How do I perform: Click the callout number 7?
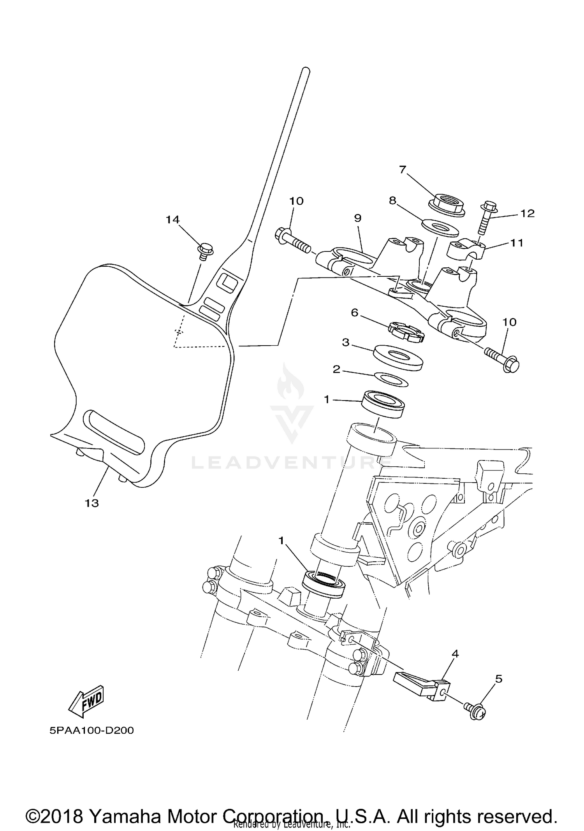[x=403, y=169]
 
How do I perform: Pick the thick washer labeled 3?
[x=398, y=357]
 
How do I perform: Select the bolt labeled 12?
[x=485, y=218]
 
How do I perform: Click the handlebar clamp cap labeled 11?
[x=464, y=249]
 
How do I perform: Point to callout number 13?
[x=92, y=503]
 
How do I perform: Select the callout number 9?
[x=358, y=218]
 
